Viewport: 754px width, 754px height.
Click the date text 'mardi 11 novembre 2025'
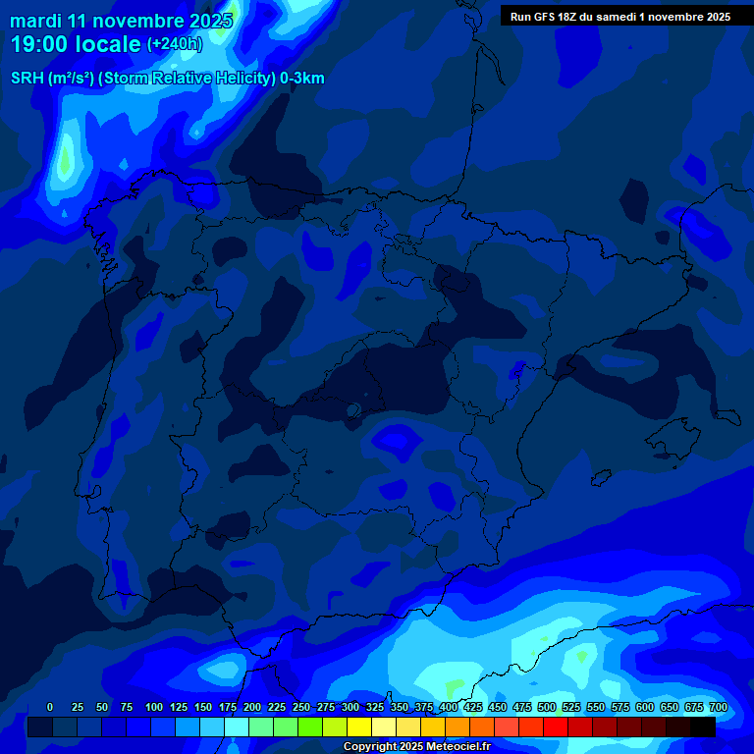coord(121,21)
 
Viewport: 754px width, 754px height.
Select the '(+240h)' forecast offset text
coord(175,43)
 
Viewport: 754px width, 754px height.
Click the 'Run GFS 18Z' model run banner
coord(619,17)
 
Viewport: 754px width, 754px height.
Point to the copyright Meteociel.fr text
coord(417,746)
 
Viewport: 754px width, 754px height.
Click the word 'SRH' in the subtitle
coord(27,79)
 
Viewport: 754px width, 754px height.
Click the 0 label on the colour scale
coord(50,707)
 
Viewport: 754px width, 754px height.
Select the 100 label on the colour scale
coord(154,707)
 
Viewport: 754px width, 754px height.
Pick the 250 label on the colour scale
coord(301,707)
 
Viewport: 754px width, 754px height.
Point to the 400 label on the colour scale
coord(449,707)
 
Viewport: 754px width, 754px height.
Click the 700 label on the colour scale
coord(719,707)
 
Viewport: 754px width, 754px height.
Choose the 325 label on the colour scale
coord(375,707)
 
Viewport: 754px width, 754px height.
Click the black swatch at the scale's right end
coord(703,727)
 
